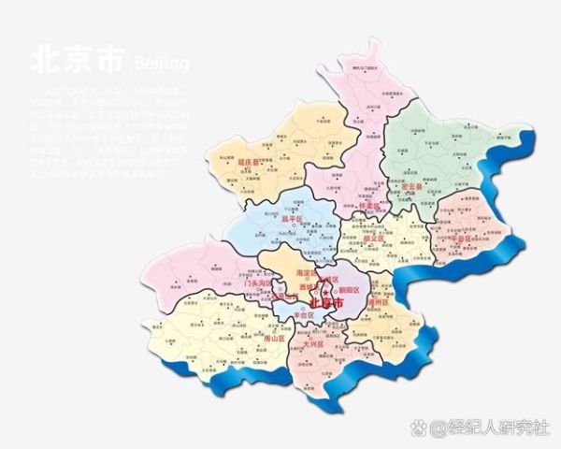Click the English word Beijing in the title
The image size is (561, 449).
162,63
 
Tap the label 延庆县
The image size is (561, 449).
249,161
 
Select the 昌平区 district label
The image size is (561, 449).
293,219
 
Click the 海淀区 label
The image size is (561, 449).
308,272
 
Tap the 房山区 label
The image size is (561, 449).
273,339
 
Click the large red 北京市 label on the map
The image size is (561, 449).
326,305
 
